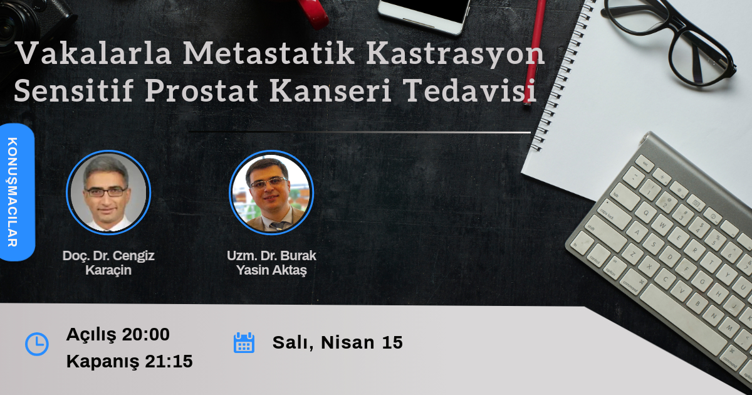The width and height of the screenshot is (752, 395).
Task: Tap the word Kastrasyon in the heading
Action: click(x=455, y=55)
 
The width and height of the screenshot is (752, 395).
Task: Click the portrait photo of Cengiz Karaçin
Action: click(x=108, y=192)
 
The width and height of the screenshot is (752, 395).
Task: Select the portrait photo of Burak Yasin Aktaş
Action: click(x=271, y=192)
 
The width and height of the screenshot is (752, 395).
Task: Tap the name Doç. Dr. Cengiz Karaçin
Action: click(x=108, y=263)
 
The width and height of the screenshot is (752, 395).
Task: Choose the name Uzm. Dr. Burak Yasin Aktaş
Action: click(x=271, y=263)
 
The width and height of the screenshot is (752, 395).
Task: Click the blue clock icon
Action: click(x=36, y=344)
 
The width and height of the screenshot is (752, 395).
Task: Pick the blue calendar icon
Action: click(x=244, y=343)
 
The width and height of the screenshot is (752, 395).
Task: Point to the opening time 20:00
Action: click(x=145, y=335)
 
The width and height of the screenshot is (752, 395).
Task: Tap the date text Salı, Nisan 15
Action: click(x=337, y=343)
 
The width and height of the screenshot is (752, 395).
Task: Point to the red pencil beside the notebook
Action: click(x=535, y=50)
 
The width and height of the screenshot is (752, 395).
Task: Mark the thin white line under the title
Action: click(x=360, y=132)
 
